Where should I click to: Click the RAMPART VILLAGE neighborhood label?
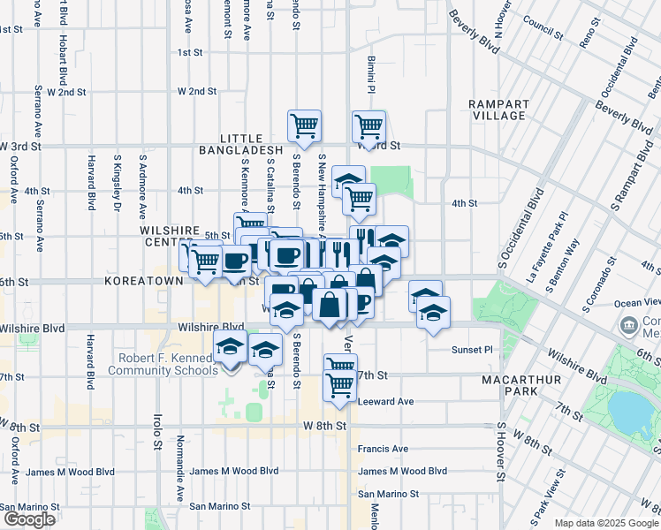pos(498,110)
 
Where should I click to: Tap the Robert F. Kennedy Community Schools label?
pos(162,364)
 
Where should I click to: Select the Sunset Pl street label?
pos(473,350)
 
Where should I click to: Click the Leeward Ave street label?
pos(386,401)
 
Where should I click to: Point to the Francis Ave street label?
pos(383,449)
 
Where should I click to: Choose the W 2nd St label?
pos(197,91)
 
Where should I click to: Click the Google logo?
pos(29,519)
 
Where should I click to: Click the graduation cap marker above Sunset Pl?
pos(433,312)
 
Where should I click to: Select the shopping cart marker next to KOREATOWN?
pos(206,260)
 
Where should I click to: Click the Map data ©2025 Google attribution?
pos(605,523)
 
